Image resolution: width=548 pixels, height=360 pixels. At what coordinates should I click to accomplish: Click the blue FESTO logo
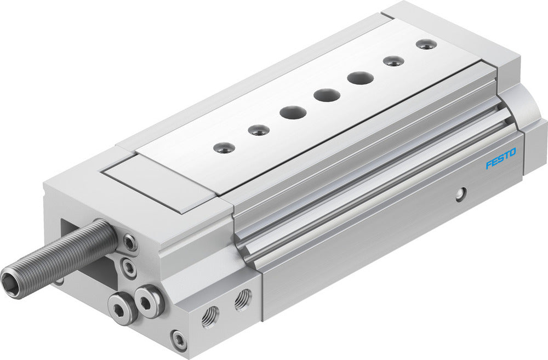(501, 163)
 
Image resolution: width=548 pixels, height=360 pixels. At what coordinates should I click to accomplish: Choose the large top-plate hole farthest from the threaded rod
(360, 78)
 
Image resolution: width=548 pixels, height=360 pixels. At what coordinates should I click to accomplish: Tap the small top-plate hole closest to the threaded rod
(225, 147)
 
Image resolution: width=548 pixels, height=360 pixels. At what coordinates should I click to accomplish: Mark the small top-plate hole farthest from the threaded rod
(426, 44)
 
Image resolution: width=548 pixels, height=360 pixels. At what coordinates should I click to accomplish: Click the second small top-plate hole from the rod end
(259, 130)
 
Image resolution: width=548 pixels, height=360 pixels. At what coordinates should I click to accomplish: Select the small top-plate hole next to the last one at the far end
(393, 61)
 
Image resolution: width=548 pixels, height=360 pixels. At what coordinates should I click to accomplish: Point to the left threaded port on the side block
(210, 317)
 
